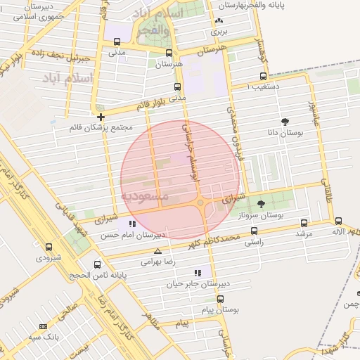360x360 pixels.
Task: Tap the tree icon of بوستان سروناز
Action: click(x=261, y=205)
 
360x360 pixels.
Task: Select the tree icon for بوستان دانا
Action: click(x=285, y=122)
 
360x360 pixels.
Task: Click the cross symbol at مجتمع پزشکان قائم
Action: click(x=102, y=117)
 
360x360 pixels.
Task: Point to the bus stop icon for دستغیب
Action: click(x=263, y=76)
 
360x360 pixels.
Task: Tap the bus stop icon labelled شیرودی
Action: click(x=49, y=247)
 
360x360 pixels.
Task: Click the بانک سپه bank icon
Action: click(x=44, y=326)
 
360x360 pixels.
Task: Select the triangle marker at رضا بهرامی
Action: click(x=157, y=250)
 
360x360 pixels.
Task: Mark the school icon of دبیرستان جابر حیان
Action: click(x=198, y=273)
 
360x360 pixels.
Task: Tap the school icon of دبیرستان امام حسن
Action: click(x=132, y=224)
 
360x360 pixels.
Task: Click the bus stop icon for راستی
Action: click(x=254, y=230)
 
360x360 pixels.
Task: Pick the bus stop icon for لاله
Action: click(x=338, y=221)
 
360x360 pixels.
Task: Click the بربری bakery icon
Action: click(x=219, y=21)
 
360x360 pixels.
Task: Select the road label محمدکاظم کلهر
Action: click(x=215, y=241)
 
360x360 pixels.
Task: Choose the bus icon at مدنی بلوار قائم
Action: click(x=176, y=86)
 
